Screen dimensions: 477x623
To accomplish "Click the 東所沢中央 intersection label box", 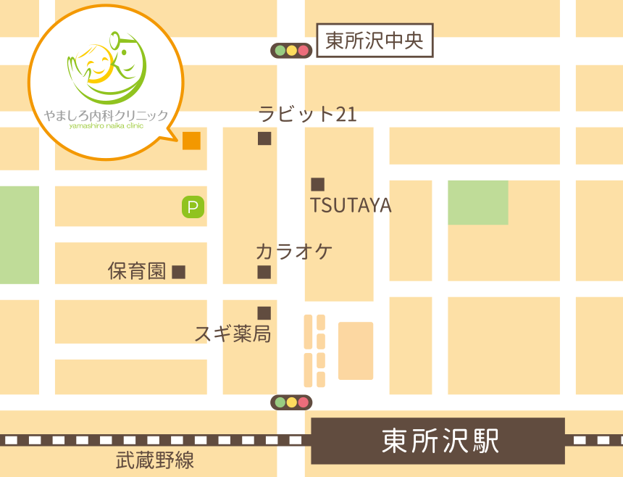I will (375, 41).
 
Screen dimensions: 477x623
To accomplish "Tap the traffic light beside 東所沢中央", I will (291, 51).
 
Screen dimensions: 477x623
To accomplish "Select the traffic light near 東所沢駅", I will (291, 402).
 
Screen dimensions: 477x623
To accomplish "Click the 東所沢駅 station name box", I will (438, 441).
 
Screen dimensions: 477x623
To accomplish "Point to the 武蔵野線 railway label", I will (155, 460).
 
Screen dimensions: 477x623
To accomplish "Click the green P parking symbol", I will (193, 208).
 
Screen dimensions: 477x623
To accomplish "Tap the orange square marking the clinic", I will (191, 141).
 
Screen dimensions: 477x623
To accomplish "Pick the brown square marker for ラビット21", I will (264, 138).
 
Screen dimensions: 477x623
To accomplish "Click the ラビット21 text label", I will (307, 115).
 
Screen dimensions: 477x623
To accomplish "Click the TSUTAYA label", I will (351, 206).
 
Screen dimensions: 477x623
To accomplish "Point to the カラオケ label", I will (293, 252).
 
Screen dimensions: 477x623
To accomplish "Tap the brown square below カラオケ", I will (264, 273).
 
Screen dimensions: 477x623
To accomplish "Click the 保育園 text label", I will (137, 272).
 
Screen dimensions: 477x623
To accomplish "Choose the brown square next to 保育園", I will (179, 273).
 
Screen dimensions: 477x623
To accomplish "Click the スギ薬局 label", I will (233, 333).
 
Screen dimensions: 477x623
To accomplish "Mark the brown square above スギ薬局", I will (264, 313).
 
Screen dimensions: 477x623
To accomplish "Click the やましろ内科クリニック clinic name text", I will (106, 116).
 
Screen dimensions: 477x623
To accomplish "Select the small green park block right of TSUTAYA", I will (477, 202).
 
